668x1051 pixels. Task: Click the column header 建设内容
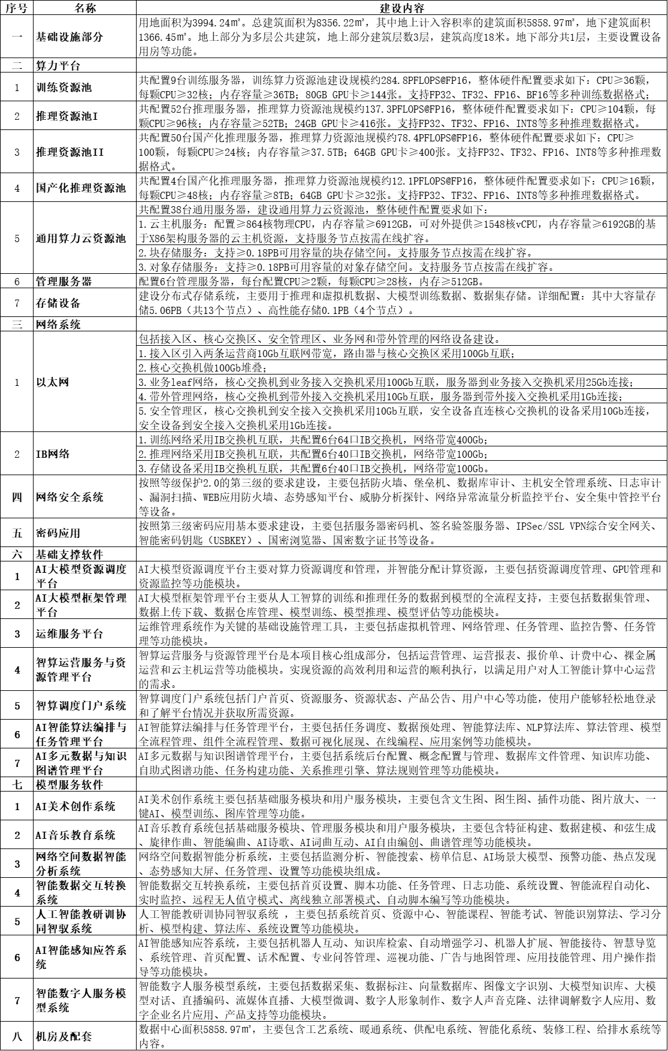point(401,8)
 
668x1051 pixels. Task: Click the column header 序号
point(17,8)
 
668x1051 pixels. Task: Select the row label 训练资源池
point(64,87)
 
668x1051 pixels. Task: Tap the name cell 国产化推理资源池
point(81,188)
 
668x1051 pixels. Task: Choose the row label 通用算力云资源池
point(81,238)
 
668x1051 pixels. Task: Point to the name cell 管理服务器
point(64,281)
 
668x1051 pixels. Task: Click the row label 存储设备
point(58,303)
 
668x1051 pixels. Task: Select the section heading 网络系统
point(58,325)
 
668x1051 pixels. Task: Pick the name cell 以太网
point(52,382)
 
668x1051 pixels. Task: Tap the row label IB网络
point(52,454)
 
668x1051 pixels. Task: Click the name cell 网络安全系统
point(69,497)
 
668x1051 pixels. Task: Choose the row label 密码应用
point(58,533)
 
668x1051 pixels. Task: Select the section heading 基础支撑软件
point(69,555)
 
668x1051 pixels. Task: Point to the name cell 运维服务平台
point(69,634)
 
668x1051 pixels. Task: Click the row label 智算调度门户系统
point(81,706)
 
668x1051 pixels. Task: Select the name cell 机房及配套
point(64,1037)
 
